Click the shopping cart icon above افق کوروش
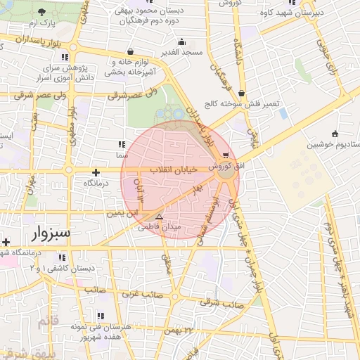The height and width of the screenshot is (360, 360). coord(225,155)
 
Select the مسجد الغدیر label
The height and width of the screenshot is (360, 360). coord(182,53)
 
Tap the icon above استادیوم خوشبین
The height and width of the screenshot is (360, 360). coord(335,134)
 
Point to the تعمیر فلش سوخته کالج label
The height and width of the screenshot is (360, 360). coord(240,103)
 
